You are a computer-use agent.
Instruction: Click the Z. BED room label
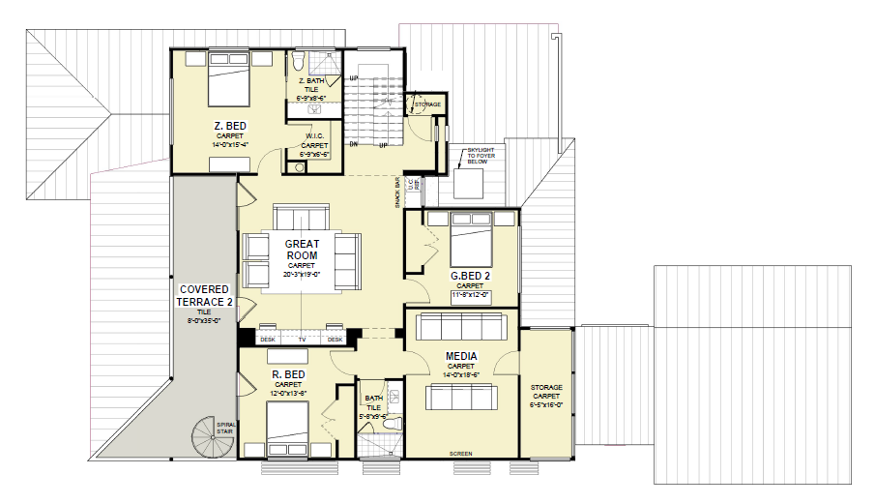230,125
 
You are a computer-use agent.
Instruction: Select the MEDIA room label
460,356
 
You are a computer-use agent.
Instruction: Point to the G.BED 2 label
470,276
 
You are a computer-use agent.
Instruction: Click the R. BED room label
288,373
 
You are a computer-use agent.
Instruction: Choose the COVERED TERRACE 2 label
204,296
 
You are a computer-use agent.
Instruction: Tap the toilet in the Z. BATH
299,63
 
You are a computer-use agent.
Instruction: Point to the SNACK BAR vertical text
397,193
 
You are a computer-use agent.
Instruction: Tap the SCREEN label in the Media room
461,453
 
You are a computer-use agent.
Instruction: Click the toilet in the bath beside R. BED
393,423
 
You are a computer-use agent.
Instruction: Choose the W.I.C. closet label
314,135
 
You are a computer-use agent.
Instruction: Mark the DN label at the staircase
355,145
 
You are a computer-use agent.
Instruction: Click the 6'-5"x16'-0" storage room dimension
546,405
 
